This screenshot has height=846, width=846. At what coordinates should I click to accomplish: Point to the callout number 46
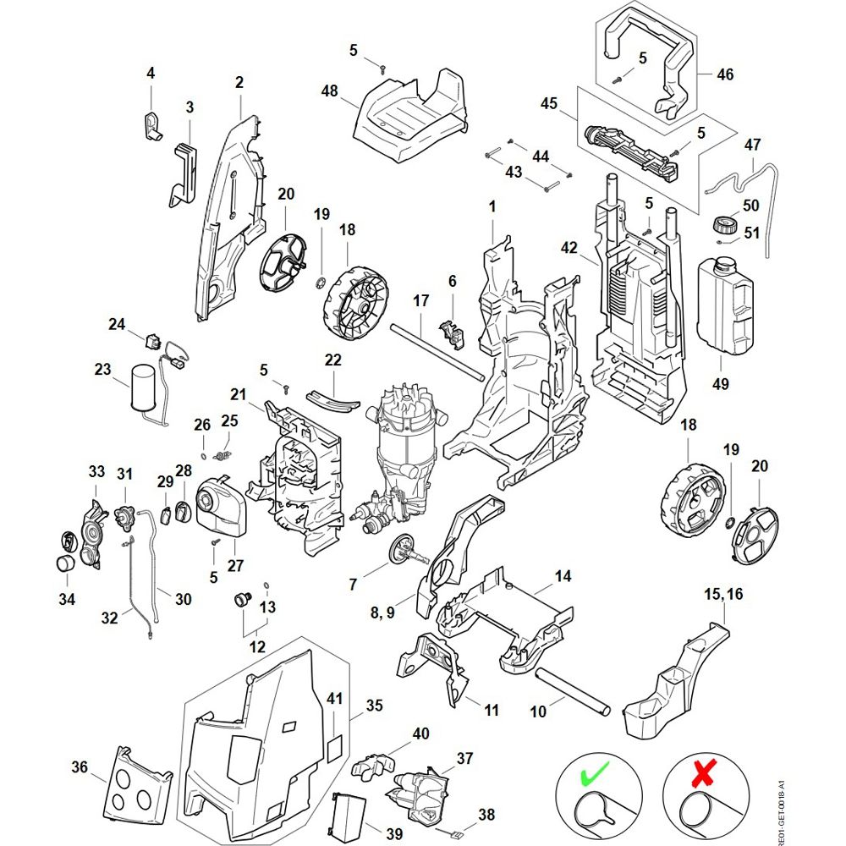(725, 74)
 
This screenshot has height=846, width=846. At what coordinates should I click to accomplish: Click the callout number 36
(80, 767)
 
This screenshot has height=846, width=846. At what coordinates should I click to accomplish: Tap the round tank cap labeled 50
(723, 225)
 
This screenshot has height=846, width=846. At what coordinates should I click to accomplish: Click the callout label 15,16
(723, 595)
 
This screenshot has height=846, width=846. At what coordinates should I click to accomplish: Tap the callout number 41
(336, 699)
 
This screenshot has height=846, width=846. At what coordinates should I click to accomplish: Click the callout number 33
(96, 470)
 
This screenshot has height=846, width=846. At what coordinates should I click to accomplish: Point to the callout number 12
(257, 647)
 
